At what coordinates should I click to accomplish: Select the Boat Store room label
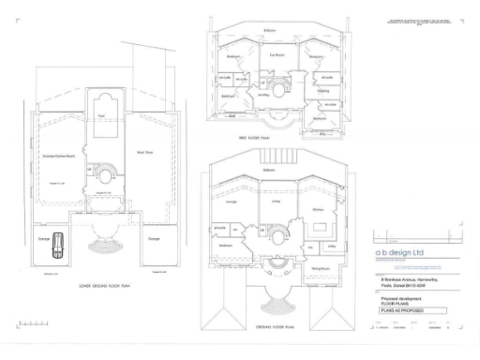[x=145, y=151]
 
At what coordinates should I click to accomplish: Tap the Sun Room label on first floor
[x=277, y=55]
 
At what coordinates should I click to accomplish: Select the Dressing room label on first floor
[x=322, y=91]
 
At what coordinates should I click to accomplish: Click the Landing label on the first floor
[x=263, y=95]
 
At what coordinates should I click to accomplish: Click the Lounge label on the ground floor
[x=232, y=201]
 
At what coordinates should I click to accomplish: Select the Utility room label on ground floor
[x=332, y=245]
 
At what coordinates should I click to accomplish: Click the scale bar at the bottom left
[x=33, y=324]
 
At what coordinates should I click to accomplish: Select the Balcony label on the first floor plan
[x=270, y=30]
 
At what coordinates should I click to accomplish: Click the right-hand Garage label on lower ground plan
[x=153, y=238]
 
